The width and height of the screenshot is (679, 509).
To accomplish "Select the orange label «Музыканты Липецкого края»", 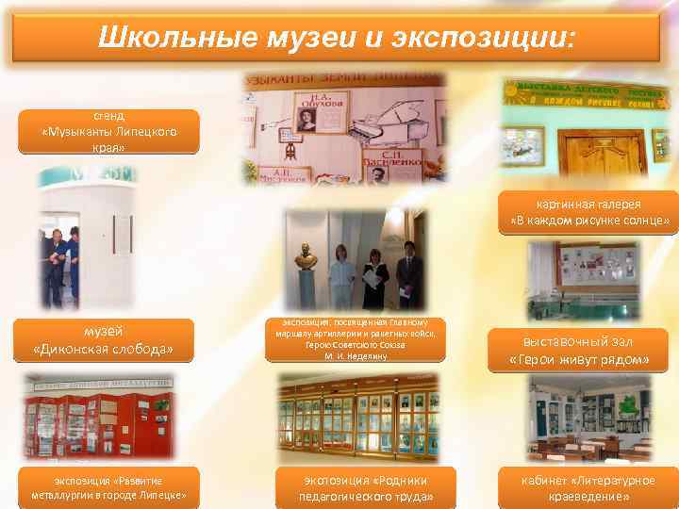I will (108, 132).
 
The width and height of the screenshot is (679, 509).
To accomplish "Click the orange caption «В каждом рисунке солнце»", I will (588, 213).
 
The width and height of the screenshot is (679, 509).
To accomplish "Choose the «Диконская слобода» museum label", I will (103, 340).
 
